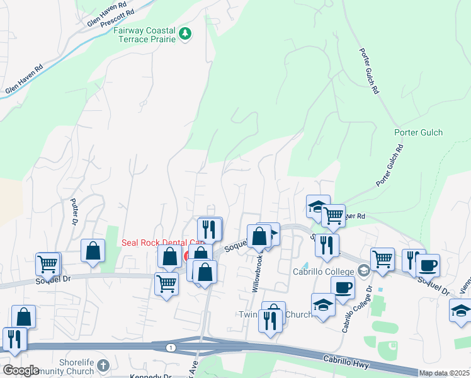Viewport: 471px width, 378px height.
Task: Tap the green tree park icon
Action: (x=184, y=33)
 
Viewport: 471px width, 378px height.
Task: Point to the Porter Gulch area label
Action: (x=418, y=132)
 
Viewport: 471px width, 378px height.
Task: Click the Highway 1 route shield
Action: (x=171, y=348)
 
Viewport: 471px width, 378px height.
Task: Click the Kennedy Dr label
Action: (x=150, y=376)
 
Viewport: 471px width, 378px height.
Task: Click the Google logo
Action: (x=21, y=370)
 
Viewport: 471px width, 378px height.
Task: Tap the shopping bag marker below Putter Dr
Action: (x=93, y=251)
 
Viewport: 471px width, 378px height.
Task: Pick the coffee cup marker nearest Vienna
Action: (x=428, y=265)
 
